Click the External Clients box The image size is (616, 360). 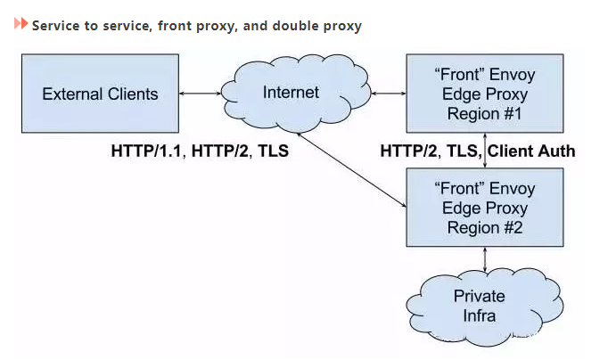click(x=100, y=94)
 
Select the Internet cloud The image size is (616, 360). click(x=292, y=93)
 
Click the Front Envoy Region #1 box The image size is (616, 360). click(x=484, y=94)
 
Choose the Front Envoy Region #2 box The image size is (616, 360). click(x=484, y=208)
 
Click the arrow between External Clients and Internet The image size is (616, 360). click(x=200, y=93)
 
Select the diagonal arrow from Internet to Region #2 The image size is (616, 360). click(x=351, y=169)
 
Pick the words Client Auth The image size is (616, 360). click(x=531, y=151)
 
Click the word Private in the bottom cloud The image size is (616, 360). click(x=479, y=295)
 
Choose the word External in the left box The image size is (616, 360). click(x=73, y=94)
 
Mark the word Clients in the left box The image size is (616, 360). click(x=132, y=94)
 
